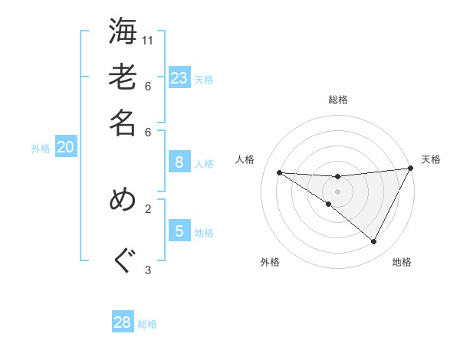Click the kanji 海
point(123,32)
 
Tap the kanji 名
point(123,123)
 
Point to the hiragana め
point(123,200)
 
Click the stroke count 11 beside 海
point(148,40)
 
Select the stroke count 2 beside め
point(148,208)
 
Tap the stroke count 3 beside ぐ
point(148,269)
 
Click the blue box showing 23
point(179,77)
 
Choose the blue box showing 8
point(179,162)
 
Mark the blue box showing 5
point(179,231)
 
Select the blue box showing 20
point(66,147)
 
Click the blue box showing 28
point(123,322)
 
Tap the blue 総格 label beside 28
point(148,324)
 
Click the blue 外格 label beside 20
point(41,149)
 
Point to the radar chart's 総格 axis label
point(338,100)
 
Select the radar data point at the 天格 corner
point(411,169)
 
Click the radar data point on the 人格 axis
point(280,172)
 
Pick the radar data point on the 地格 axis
point(373,242)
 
